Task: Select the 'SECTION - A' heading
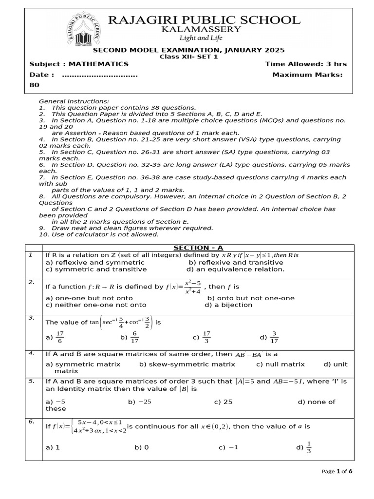point(198,248)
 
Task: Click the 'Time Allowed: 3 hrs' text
point(306,64)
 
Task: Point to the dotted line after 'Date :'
point(100,75)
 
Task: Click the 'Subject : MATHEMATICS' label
point(79,64)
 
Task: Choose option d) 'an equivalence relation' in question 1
point(235,269)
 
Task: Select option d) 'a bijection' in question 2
point(228,305)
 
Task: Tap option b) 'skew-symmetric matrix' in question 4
point(187,364)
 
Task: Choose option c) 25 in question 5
point(224,402)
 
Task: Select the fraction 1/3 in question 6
point(309,447)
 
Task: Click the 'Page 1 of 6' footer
point(337,471)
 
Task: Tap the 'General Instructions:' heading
point(74,101)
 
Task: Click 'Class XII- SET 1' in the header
point(189,57)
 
